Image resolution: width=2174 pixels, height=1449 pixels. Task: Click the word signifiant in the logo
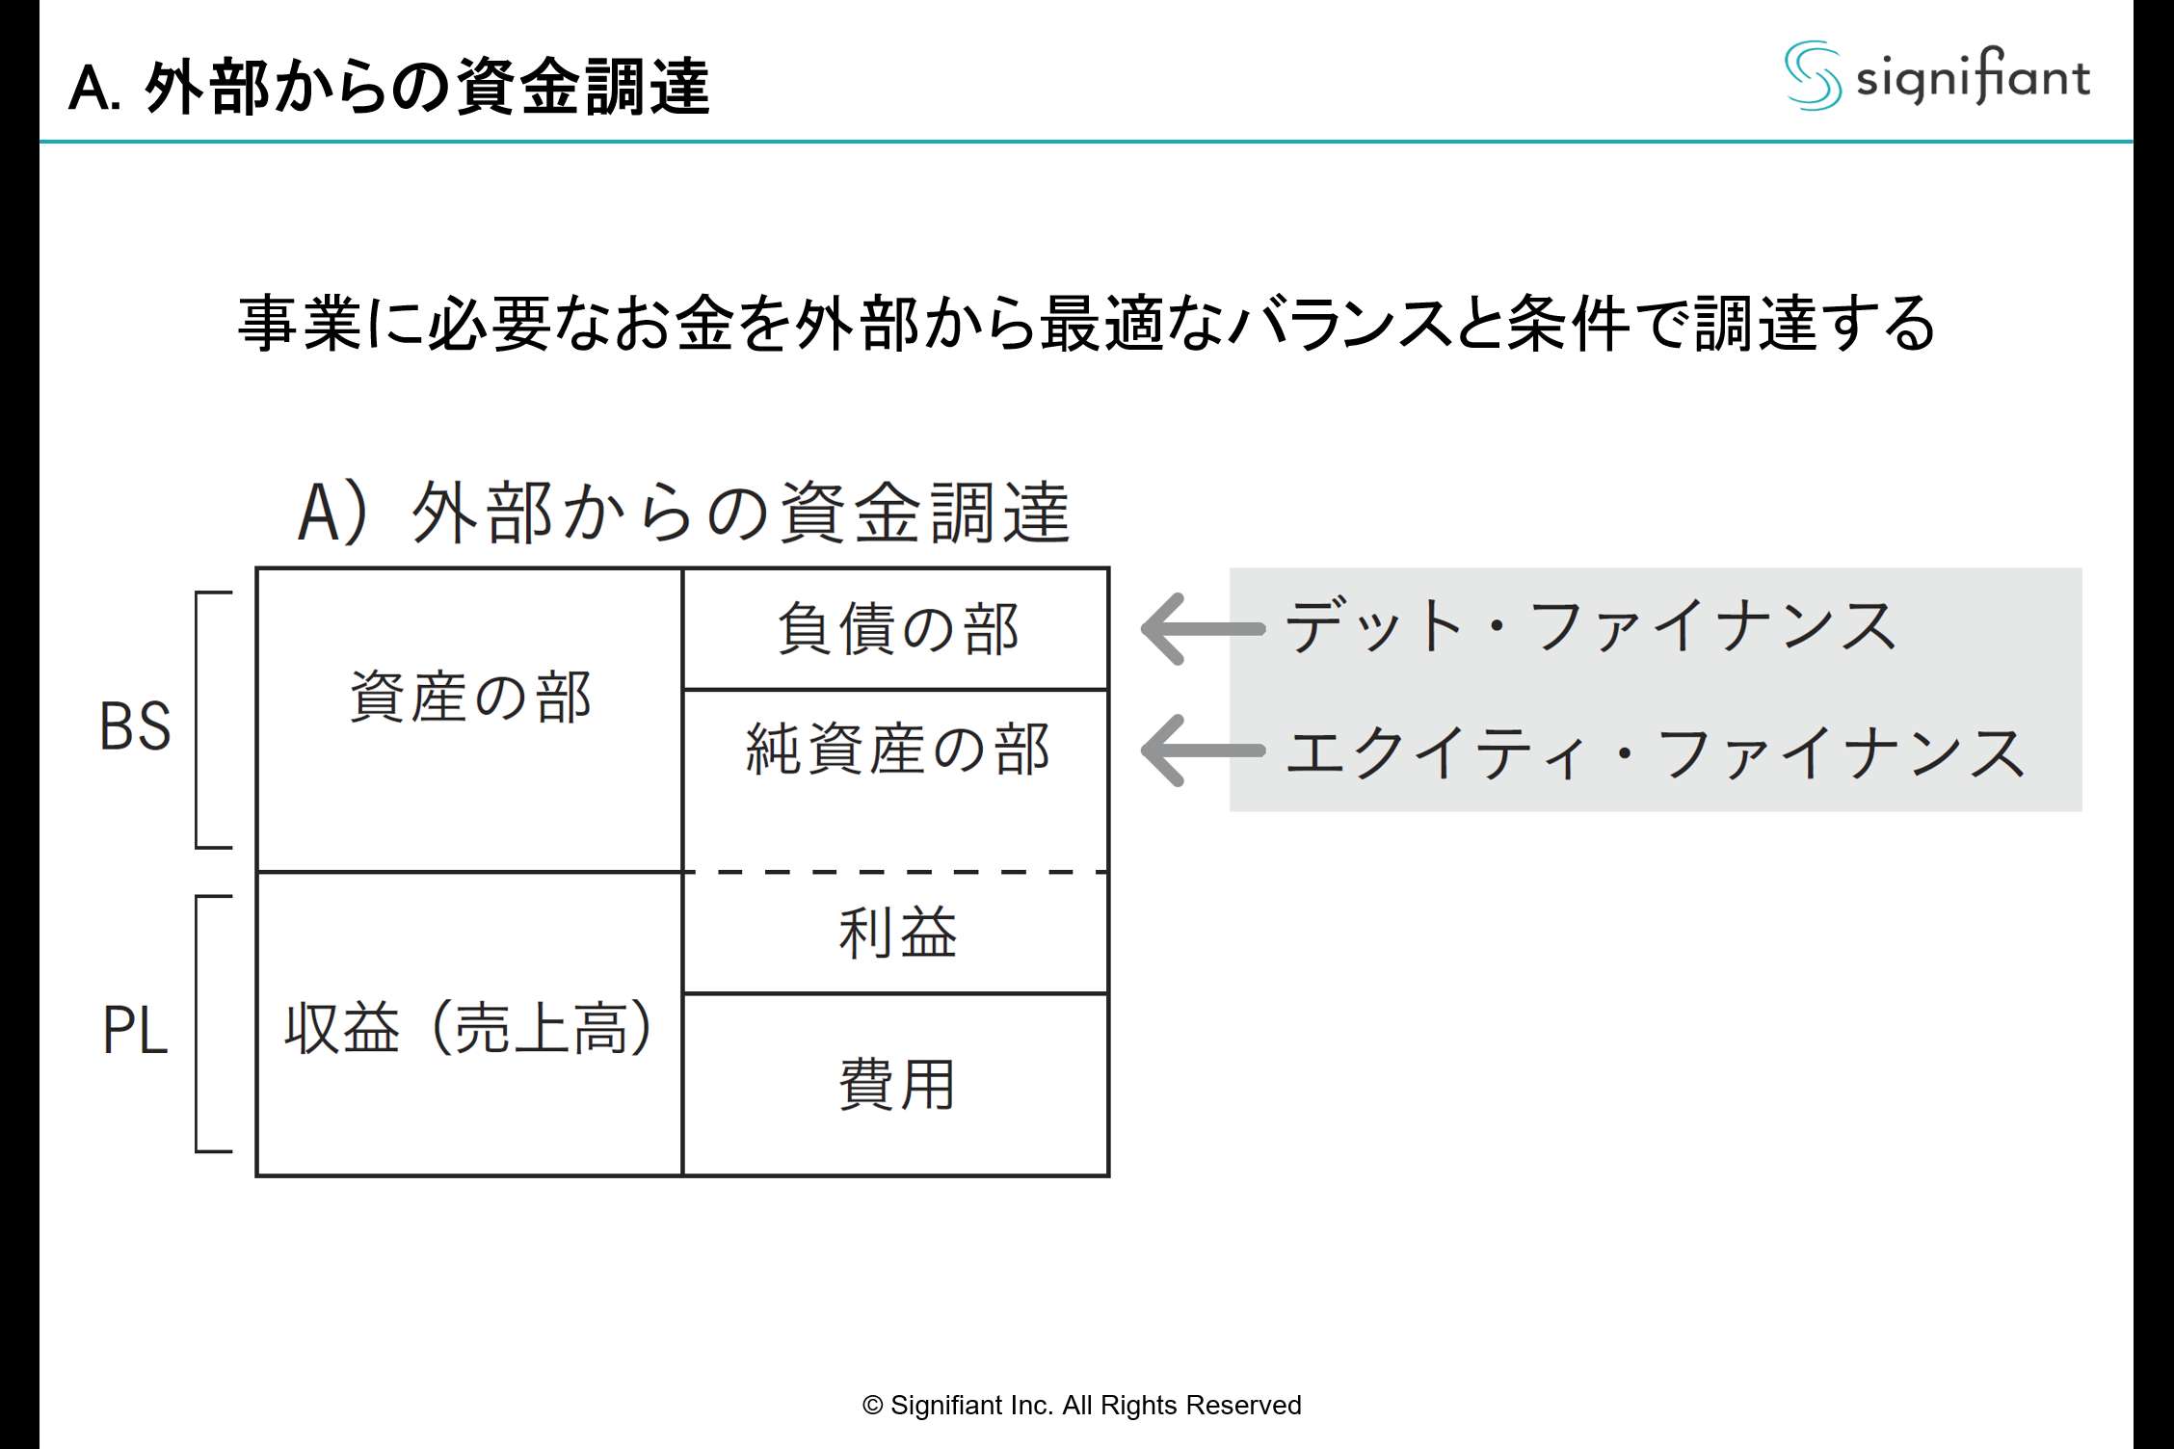tap(1973, 77)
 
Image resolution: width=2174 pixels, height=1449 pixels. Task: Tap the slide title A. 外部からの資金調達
tap(389, 88)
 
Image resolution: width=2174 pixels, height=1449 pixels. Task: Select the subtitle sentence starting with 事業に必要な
tap(1086, 324)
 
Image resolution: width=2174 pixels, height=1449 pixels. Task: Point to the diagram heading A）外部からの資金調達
tap(684, 512)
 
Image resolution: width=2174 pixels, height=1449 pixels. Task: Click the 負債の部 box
tap(896, 629)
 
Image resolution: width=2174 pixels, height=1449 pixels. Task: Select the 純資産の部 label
tap(896, 750)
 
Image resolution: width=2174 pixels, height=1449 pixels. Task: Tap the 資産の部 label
tap(469, 697)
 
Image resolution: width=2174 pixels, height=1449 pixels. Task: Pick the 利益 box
tap(896, 933)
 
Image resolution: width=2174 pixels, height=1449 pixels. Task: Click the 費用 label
tap(896, 1085)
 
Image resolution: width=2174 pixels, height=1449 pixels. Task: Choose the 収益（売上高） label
tap(469, 1028)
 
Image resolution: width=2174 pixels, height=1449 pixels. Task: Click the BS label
tap(135, 726)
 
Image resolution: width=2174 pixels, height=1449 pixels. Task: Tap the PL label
tap(135, 1030)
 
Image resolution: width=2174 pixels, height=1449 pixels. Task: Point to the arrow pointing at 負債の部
tap(1201, 629)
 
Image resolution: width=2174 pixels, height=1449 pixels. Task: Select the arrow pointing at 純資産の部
tap(1201, 751)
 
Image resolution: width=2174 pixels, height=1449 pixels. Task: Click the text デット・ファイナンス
tap(1590, 626)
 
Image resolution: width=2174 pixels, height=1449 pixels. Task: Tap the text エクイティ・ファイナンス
tap(1656, 752)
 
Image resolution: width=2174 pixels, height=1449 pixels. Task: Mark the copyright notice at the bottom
tap(1081, 1406)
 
